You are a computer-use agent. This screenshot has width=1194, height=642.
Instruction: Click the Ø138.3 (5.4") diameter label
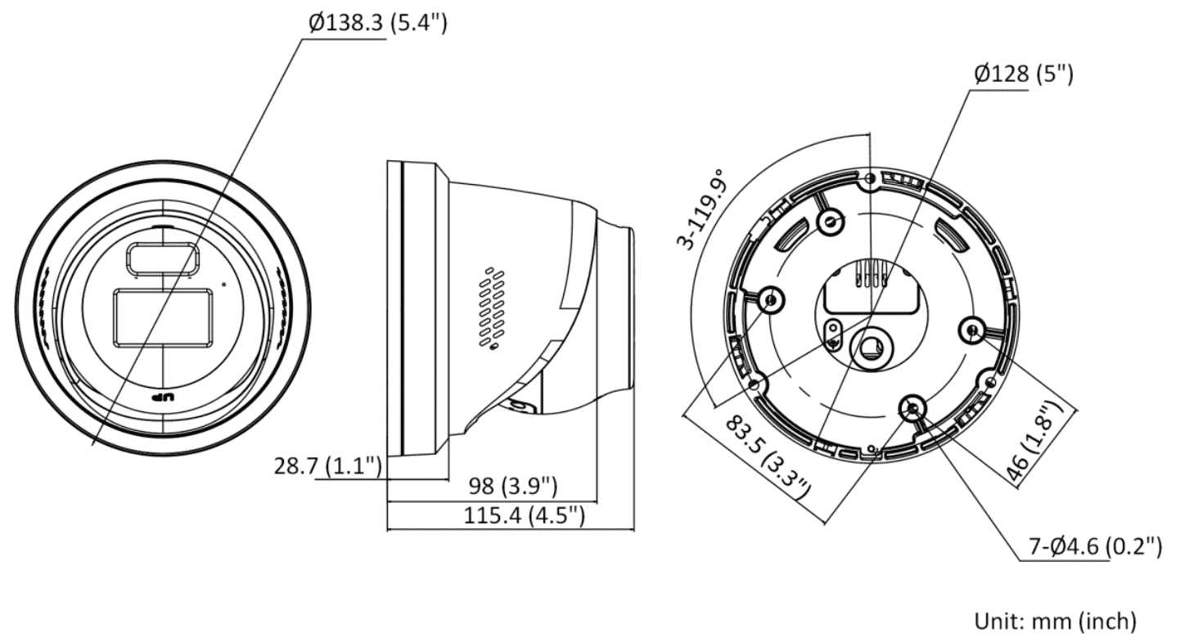(377, 24)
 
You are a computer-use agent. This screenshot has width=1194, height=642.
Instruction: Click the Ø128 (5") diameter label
(1022, 74)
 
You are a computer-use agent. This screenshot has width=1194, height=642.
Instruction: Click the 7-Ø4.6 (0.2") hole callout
(1094, 547)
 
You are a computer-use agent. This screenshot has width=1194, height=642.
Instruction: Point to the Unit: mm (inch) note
(1054, 622)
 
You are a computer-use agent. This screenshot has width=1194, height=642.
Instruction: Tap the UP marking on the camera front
(164, 397)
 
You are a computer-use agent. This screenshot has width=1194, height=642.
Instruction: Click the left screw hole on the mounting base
(770, 301)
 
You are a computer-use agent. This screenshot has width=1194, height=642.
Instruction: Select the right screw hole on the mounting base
(971, 330)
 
